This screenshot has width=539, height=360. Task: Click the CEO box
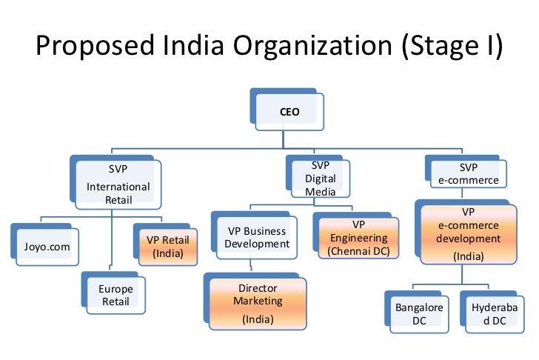289,113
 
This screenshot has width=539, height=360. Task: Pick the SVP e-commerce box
469,173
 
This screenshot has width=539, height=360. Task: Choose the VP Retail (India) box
167,247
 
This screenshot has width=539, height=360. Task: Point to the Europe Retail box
115,295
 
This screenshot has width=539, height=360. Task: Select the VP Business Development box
256,237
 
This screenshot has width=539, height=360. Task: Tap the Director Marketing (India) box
258,301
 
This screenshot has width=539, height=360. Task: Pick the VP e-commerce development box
468,233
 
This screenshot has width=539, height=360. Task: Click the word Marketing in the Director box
258,301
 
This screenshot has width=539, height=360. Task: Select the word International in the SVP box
118,187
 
